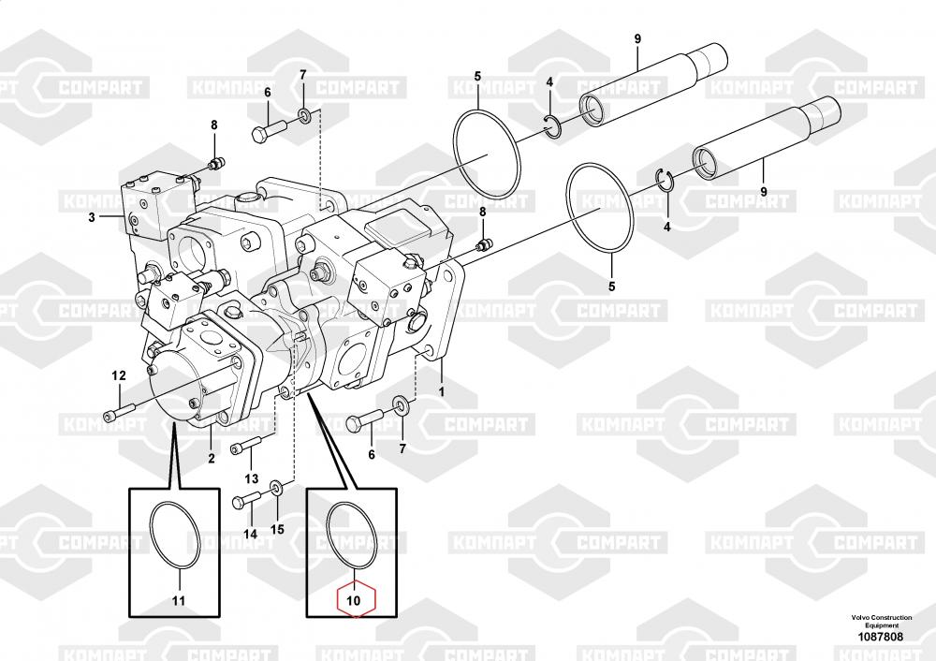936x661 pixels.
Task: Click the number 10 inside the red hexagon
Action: click(x=354, y=600)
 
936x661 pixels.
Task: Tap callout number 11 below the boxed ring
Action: click(x=179, y=600)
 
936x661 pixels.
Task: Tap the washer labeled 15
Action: click(x=276, y=489)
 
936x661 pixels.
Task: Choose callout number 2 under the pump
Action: click(x=211, y=458)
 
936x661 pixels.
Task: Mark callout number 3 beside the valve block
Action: click(x=92, y=218)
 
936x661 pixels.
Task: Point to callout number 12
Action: click(x=119, y=375)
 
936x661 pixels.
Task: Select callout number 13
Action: click(x=251, y=466)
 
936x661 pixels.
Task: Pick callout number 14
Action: click(x=250, y=534)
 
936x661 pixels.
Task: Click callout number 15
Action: click(x=277, y=529)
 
